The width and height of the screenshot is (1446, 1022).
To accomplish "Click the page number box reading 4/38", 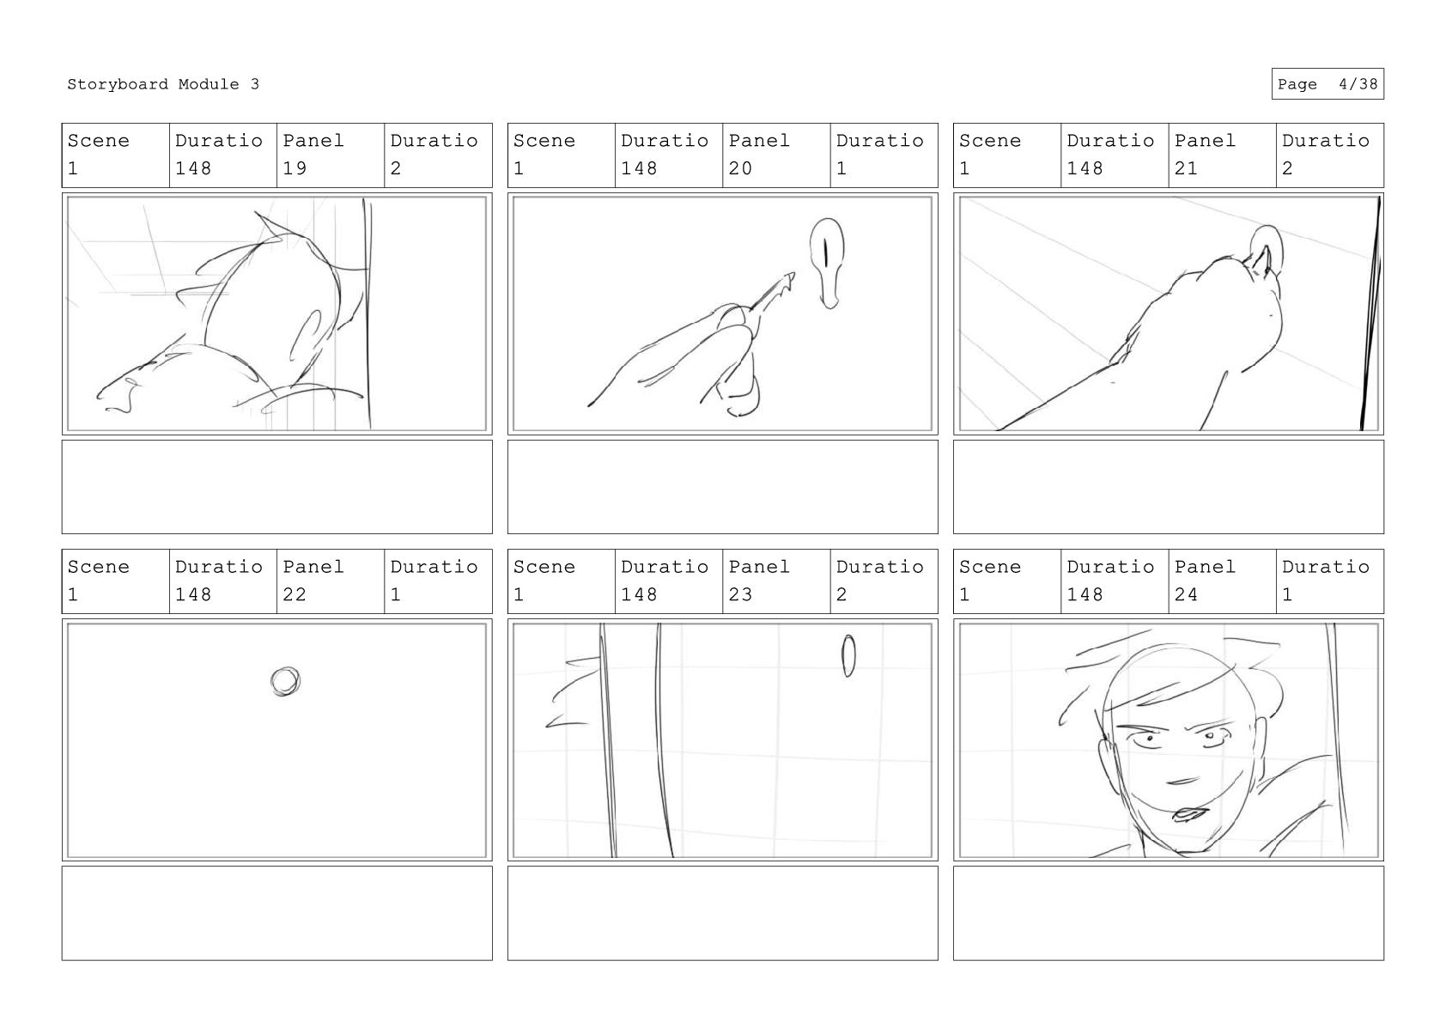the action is point(1328,84).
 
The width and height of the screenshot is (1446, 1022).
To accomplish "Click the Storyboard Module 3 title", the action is point(162,84).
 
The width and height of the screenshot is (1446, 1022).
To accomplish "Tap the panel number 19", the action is point(295,168).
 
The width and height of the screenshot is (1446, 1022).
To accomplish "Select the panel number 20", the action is point(740,168).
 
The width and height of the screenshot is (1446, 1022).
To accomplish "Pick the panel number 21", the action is point(1186,168).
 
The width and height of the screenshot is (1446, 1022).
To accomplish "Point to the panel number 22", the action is point(295,594).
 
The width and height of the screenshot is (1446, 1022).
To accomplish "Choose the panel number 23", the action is point(740,594).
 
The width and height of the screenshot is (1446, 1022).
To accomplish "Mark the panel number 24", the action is point(1186,594).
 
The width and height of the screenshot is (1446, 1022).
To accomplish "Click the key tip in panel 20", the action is point(792,275).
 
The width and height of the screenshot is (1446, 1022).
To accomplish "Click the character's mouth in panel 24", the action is point(1188,813).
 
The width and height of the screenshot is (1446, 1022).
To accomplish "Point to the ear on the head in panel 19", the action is point(306,337).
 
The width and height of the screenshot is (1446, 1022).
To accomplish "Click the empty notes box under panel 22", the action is point(277,913).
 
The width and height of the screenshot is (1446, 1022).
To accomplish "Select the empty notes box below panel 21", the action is point(1169,487).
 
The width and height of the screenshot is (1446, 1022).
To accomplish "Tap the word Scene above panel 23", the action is point(544,567).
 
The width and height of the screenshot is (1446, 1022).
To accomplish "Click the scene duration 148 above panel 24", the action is point(1084,594).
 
